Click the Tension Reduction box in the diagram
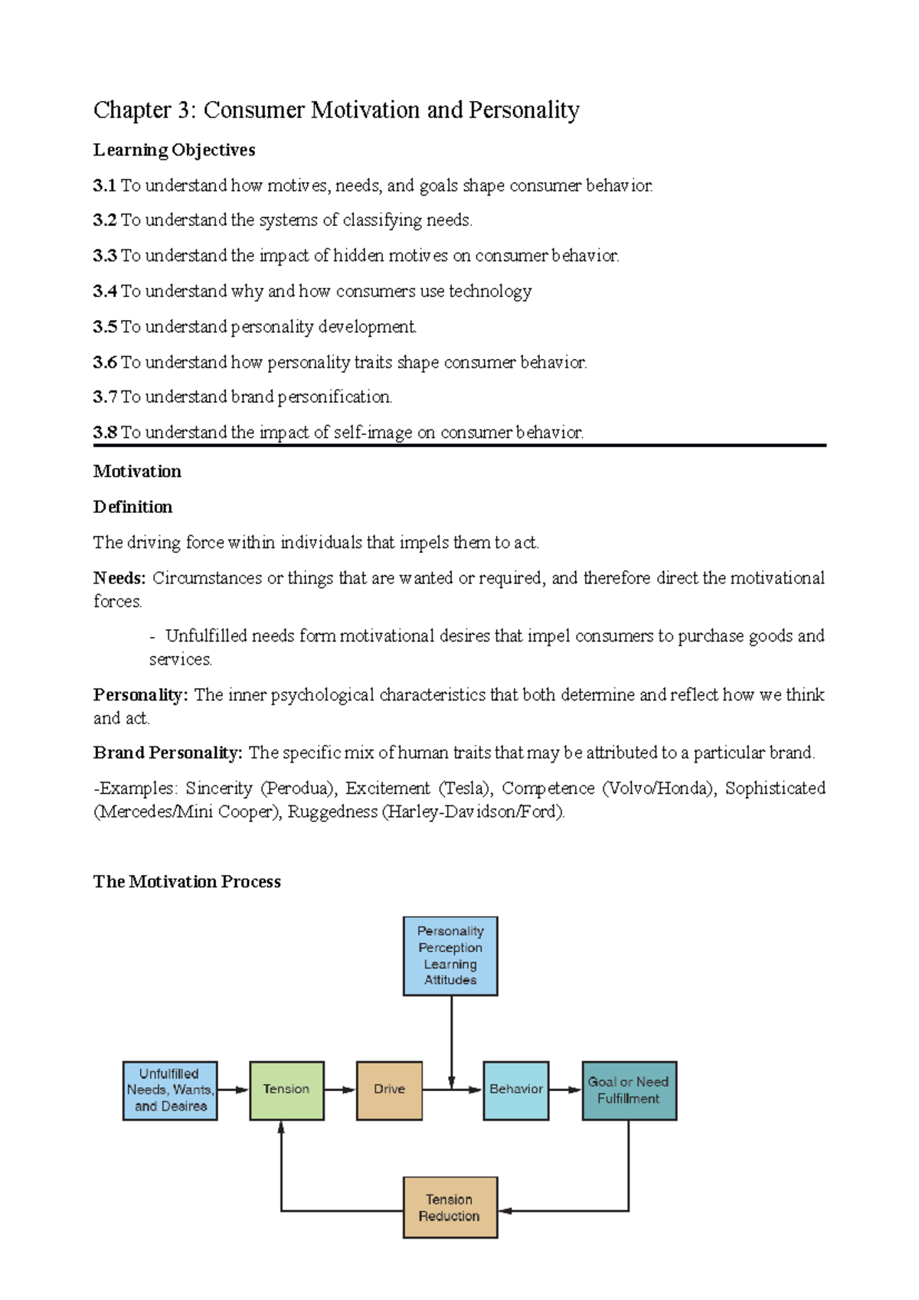pos(450,1207)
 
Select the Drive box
pos(389,1090)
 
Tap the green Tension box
pos(286,1090)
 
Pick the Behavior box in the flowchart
pos(515,1090)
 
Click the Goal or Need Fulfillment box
pos(629,1090)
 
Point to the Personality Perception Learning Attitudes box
pos(450,955)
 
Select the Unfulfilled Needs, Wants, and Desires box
pos(170,1090)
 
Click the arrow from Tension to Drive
pos(340,1089)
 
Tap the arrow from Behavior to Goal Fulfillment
pos(565,1089)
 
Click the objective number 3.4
pos(105,292)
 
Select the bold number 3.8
pos(105,433)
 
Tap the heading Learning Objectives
pos(174,150)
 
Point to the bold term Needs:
pos(119,578)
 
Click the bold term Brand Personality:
pos(168,753)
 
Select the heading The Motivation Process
pos(187,882)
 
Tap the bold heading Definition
pos(132,507)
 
